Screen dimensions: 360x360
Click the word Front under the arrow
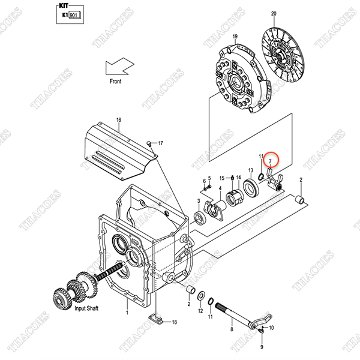[x=116, y=81]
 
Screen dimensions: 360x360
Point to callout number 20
[x=274, y=13]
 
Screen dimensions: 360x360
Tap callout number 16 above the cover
[x=119, y=120]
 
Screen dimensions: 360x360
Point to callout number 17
[x=160, y=143]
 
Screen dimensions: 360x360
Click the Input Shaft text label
[x=89, y=308]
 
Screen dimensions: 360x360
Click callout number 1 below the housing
[x=127, y=313]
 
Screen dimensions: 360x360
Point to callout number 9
[x=262, y=347]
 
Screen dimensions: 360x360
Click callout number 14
[x=238, y=178]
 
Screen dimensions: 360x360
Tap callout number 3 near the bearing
[x=199, y=202]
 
